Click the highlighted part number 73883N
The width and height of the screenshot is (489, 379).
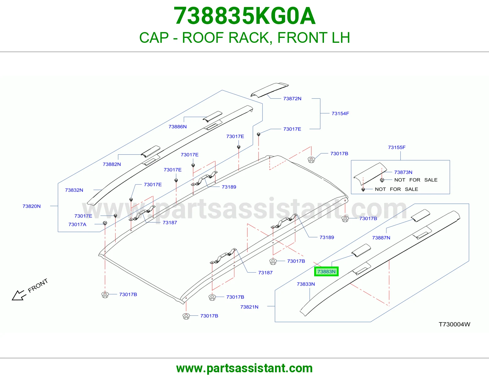tap(326, 272)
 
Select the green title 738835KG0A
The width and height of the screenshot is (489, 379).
tap(244, 16)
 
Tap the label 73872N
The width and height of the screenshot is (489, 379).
tap(292, 99)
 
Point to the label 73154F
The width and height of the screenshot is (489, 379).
tap(340, 113)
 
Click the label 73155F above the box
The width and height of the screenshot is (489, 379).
tap(396, 147)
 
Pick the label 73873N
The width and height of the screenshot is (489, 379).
tap(403, 172)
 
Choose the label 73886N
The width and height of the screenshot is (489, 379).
tap(178, 127)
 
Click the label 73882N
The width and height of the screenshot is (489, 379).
tap(112, 164)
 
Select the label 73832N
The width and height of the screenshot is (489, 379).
tap(74, 190)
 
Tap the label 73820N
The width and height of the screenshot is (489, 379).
tap(31, 206)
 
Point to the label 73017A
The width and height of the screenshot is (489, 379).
tap(77, 224)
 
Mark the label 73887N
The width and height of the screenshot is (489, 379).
tap(381, 238)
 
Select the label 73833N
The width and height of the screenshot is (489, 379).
tap(306, 284)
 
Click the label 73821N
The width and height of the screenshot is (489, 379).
tap(249, 307)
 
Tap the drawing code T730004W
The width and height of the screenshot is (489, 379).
tap(454, 324)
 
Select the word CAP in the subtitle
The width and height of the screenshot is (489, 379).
tap(154, 38)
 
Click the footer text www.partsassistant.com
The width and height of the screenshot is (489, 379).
tap(244, 368)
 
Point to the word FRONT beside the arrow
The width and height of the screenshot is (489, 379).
tap(38, 285)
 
